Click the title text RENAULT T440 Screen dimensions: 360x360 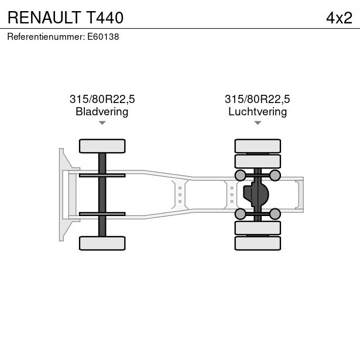(65, 18)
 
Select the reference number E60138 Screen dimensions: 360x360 (103, 36)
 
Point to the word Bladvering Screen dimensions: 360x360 (102, 111)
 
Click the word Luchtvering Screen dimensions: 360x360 (258, 111)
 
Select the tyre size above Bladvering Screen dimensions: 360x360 (102, 99)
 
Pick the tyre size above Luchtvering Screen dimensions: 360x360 (258, 99)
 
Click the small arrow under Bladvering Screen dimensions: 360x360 (102, 123)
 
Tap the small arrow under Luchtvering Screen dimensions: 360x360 (258, 123)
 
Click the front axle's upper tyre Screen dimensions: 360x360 (102, 146)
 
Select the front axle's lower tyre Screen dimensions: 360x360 (102, 243)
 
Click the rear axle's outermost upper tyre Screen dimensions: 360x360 (258, 146)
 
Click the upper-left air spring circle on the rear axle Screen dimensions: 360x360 (240, 175)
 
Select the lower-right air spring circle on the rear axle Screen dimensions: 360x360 (275, 214)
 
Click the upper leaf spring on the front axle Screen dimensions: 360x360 (102, 174)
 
